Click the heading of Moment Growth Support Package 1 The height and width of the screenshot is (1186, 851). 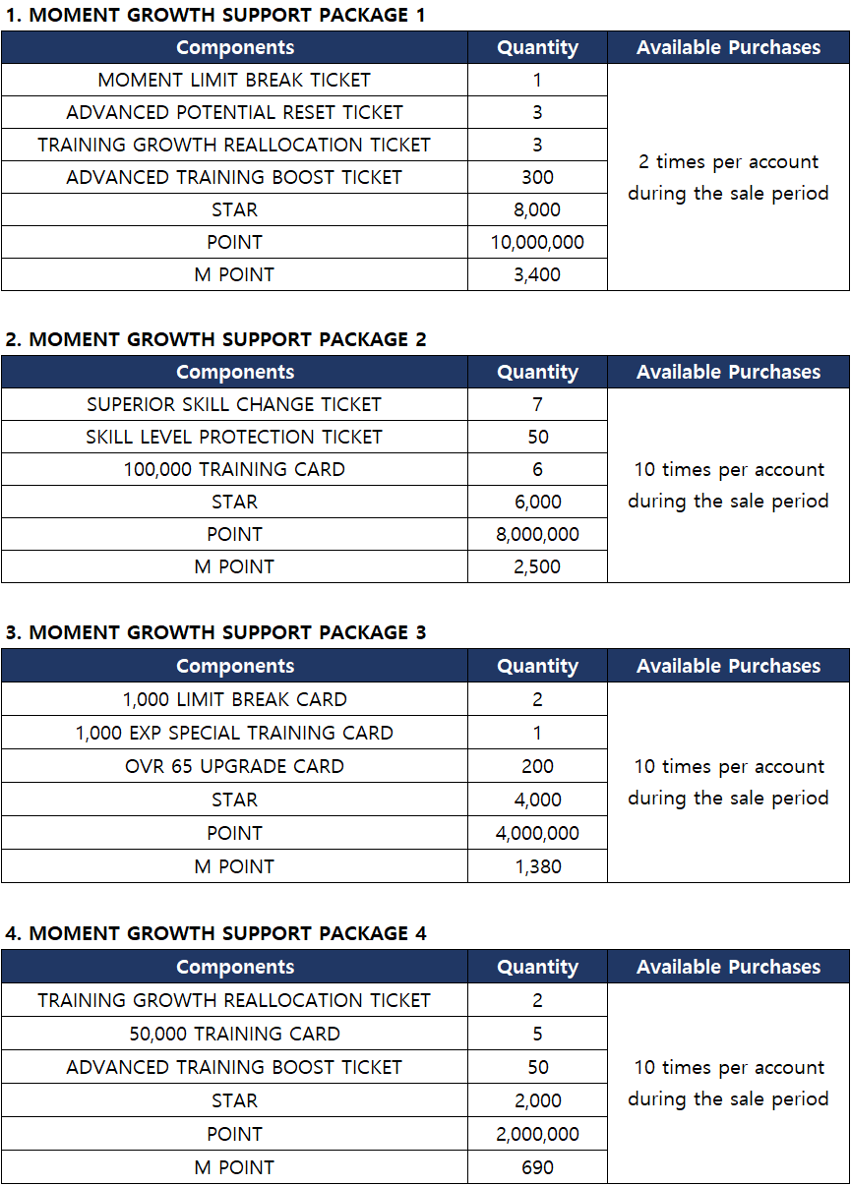[215, 15]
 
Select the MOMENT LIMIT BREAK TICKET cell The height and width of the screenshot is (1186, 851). [234, 80]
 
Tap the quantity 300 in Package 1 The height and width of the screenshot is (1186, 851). [537, 177]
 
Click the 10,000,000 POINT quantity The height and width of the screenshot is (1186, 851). [537, 242]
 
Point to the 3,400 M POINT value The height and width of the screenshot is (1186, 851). [537, 274]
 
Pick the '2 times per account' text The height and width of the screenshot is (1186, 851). [728, 161]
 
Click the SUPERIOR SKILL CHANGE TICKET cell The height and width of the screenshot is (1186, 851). [234, 404]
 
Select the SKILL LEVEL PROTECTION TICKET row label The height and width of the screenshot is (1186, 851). [234, 437]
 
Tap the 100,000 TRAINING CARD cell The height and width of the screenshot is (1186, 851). [234, 469]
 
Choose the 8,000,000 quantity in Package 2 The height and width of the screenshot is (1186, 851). [537, 534]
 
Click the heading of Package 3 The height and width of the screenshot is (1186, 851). [215, 632]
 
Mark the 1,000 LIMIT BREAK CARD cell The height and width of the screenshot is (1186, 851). [234, 699]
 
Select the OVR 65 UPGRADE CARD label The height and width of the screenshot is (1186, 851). [234, 766]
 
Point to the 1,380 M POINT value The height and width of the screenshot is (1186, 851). [537, 866]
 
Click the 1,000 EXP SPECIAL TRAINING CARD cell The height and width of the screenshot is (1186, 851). [234, 733]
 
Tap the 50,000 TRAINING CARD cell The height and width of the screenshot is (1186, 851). [234, 1034]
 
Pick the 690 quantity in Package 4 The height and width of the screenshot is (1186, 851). [537, 1167]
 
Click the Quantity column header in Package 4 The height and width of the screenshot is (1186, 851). [537, 967]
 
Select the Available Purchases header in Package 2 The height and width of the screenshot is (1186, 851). [728, 372]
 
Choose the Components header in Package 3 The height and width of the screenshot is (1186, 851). [234, 666]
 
